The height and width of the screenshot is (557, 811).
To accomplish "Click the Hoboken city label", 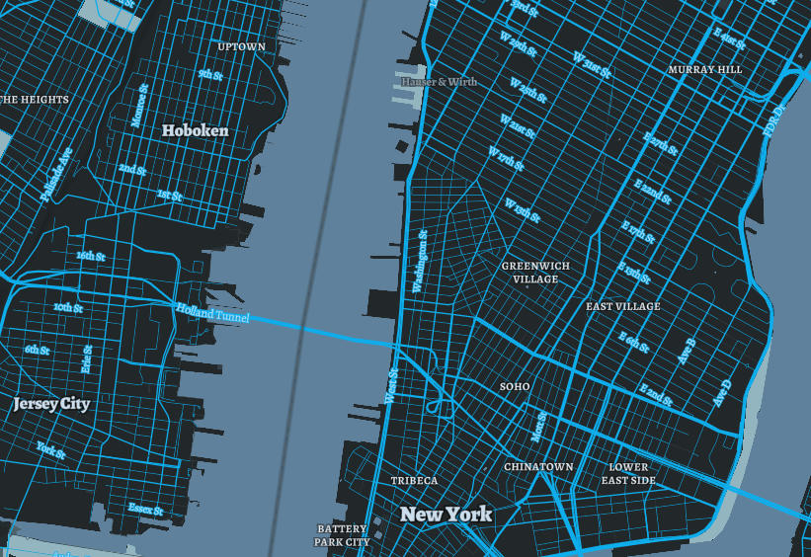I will [195, 130].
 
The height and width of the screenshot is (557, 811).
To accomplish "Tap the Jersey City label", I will [51, 404].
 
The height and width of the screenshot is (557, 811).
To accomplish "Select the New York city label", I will [446, 515].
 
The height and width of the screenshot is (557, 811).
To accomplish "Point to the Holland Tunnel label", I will [212, 313].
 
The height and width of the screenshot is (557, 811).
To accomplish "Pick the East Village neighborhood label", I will [622, 307].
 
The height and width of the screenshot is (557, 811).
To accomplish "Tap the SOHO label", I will [515, 386].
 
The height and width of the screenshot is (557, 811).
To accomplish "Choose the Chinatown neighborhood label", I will [538, 466].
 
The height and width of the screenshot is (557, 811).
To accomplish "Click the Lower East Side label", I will [628, 473].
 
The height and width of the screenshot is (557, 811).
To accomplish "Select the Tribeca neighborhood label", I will [414, 481].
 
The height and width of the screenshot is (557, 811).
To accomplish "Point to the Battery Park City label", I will [342, 535].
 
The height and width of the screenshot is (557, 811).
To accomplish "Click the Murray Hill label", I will [704, 70].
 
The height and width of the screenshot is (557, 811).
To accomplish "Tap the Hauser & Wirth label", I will [439, 81].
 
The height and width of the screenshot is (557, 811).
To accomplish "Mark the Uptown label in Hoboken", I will [241, 46].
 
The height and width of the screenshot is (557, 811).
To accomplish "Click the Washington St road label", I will [420, 261].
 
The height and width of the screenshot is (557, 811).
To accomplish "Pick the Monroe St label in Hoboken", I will [139, 105].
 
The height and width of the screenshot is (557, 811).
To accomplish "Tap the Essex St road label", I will [145, 509].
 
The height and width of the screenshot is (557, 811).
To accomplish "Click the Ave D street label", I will [724, 393].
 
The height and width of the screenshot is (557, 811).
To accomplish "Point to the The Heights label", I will [35, 100].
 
